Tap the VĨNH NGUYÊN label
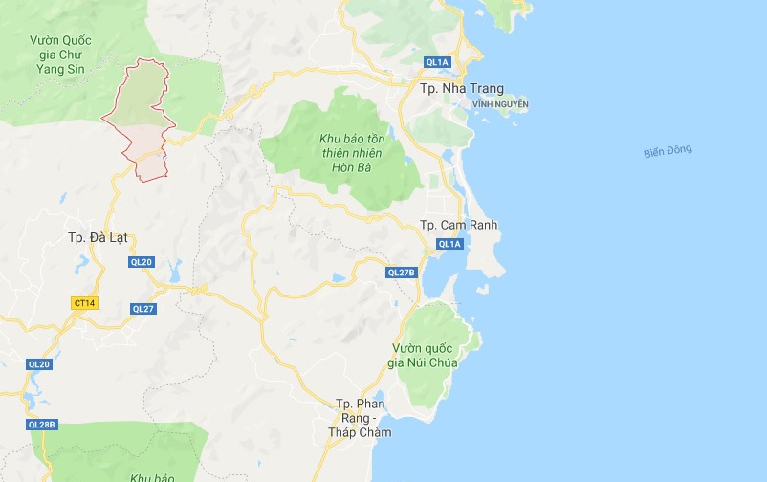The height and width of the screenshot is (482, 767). click(x=500, y=104)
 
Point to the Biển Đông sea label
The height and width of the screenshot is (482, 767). click(x=668, y=151)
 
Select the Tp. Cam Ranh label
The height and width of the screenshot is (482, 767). click(x=459, y=225)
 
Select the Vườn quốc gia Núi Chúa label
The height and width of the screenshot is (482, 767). click(x=424, y=355)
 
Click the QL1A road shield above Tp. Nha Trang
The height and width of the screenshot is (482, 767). click(x=437, y=62)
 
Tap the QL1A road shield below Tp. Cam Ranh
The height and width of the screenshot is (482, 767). click(x=449, y=244)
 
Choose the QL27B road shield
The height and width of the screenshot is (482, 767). click(x=402, y=273)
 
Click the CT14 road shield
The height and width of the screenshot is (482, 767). click(x=85, y=303)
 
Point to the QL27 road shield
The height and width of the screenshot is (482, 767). click(x=143, y=308)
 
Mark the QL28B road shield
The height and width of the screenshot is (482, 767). click(x=42, y=425)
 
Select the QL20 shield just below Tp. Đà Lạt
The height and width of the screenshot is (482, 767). click(x=141, y=261)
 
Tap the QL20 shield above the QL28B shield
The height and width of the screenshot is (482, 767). click(x=39, y=364)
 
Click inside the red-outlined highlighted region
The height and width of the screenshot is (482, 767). click(x=142, y=110)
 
